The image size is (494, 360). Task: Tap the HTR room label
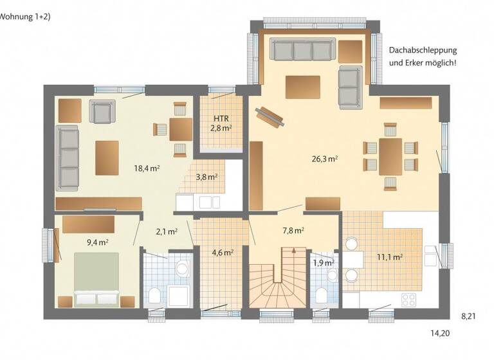click(221, 119)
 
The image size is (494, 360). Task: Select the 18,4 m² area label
click(147, 168)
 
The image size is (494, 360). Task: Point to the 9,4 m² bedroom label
click(98, 242)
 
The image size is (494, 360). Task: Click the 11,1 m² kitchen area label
click(389, 257)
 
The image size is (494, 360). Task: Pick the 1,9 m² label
click(324, 263)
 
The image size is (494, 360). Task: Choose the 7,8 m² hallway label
click(293, 230)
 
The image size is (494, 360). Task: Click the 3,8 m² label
click(206, 177)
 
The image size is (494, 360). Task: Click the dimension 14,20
click(441, 333)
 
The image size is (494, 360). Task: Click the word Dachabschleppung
click(423, 50)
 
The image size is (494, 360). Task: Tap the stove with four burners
click(408, 299)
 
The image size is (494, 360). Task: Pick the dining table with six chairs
click(390, 156)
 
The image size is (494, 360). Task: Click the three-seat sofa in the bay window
click(302, 50)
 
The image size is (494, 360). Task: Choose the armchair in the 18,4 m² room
click(102, 112)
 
